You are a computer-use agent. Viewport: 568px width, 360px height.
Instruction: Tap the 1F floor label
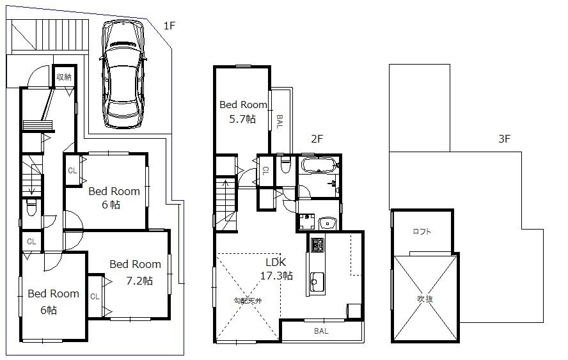point(169,26)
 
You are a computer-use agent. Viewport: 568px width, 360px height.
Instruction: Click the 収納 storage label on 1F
point(63,77)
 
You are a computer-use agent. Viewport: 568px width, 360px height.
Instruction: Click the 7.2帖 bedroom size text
point(138,280)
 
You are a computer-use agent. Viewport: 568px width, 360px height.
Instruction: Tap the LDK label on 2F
point(276,262)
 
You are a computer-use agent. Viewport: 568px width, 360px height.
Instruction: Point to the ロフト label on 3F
point(422,231)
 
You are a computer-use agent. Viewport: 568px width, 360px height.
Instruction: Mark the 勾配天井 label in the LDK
point(247,300)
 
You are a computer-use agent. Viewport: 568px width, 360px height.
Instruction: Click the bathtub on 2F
point(317,166)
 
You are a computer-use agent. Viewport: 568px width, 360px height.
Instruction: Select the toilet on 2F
point(285,166)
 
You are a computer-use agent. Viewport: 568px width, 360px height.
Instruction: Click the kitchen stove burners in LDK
point(317,244)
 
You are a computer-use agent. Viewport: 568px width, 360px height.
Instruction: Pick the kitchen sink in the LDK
point(316,280)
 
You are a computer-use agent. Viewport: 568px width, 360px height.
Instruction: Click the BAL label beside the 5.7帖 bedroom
point(279,121)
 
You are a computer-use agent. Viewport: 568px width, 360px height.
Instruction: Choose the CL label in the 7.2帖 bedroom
point(95,296)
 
